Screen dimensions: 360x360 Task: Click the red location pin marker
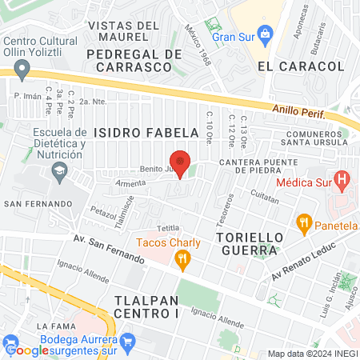[x=180, y=162]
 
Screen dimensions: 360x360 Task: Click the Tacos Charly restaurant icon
[x=182, y=258]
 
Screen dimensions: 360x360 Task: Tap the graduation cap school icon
[x=58, y=170]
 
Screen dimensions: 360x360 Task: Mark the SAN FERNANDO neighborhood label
[x=34, y=204]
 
